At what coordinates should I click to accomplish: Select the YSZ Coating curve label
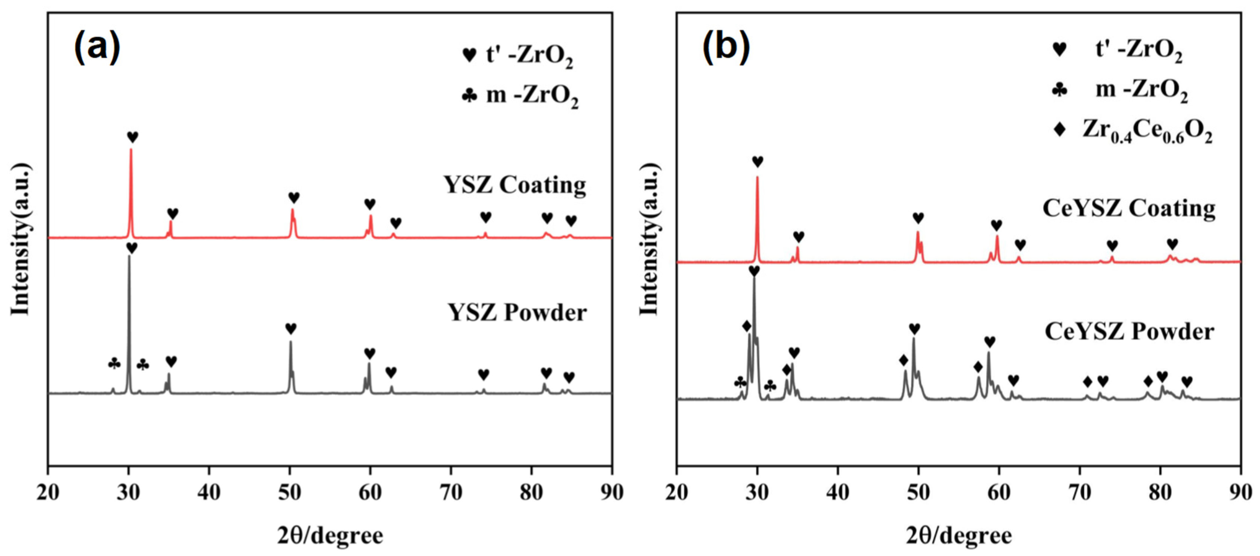point(514,185)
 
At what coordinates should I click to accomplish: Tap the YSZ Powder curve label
point(517,312)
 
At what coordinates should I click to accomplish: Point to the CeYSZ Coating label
point(1129,209)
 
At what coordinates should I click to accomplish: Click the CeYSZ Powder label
point(1129,332)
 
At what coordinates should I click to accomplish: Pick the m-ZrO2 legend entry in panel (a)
point(521,95)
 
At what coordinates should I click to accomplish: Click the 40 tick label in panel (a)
point(209,492)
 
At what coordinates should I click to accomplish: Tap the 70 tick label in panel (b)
point(1080,492)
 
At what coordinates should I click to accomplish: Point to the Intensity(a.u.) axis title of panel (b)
point(649,238)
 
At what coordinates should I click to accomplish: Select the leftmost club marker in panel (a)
point(114,364)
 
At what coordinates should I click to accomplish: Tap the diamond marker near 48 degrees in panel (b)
point(903,360)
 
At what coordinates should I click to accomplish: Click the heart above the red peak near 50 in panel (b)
point(918,218)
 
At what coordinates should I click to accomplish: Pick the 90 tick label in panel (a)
point(611,492)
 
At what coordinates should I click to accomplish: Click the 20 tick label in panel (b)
point(677,492)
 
